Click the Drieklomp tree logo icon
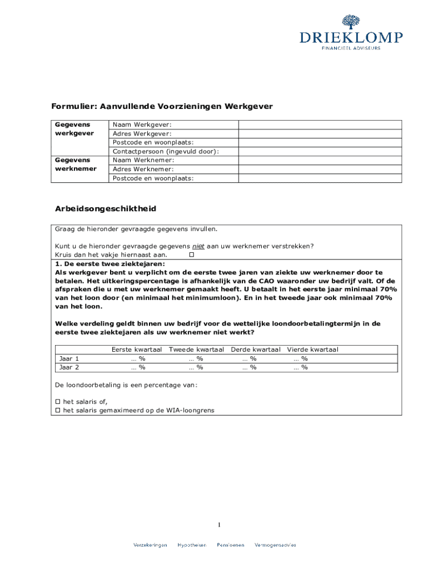pyautogui.click(x=351, y=23)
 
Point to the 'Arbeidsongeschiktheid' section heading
pyautogui.click(x=105, y=209)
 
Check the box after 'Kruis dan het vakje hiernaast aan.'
pyautogui.click(x=192, y=254)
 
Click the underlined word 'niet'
pyautogui.click(x=198, y=246)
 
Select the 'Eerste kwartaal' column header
pyautogui.click(x=136, y=350)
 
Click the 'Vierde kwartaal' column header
pyautogui.click(x=312, y=350)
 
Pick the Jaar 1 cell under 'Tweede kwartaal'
pyautogui.click(x=196, y=358)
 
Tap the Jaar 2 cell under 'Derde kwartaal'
pyautogui.click(x=249, y=367)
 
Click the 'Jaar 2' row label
pyautogui.click(x=69, y=367)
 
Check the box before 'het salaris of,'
pyautogui.click(x=57, y=401)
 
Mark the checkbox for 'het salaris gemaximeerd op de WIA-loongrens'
pyautogui.click(x=57, y=410)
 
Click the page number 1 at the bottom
pyautogui.click(x=220, y=525)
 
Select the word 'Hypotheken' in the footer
pyautogui.click(x=192, y=545)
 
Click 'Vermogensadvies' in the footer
pyautogui.click(x=275, y=545)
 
